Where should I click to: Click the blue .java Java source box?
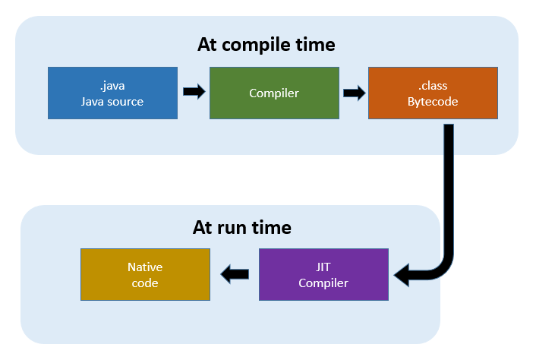[x=112, y=93]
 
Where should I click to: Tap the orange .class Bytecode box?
[x=433, y=93]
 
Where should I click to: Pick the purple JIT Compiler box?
[x=323, y=274]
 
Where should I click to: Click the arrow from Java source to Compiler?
[x=194, y=92]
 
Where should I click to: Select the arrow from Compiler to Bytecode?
[x=354, y=92]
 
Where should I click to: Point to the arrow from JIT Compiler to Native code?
[x=235, y=274]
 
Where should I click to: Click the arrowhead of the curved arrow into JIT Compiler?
[x=402, y=276]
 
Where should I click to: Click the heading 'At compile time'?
[x=266, y=45]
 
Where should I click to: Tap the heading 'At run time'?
[x=241, y=227]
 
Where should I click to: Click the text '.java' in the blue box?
[x=112, y=85]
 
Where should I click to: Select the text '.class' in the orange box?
[x=433, y=85]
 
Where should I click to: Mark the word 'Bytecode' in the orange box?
[x=433, y=101]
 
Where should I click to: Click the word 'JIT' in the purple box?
[x=323, y=267]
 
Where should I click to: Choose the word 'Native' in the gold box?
[x=144, y=267]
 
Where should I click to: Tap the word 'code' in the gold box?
[x=144, y=283]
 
